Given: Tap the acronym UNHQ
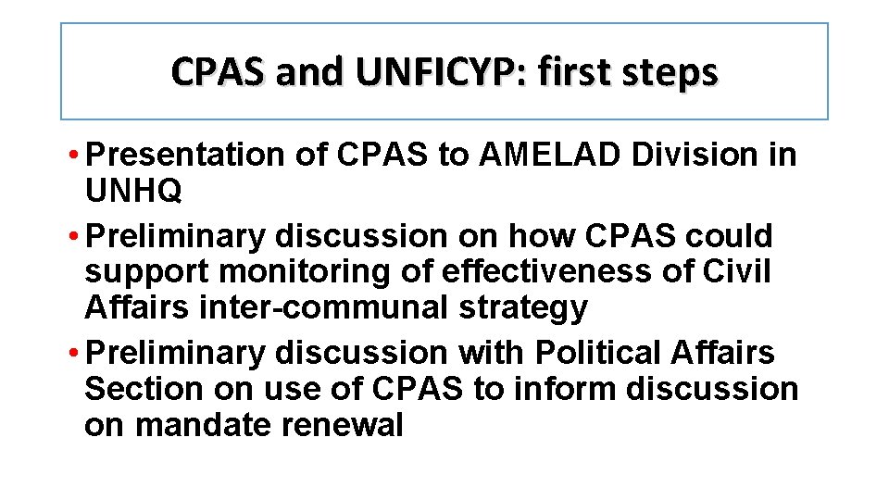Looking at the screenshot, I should click(133, 192).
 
